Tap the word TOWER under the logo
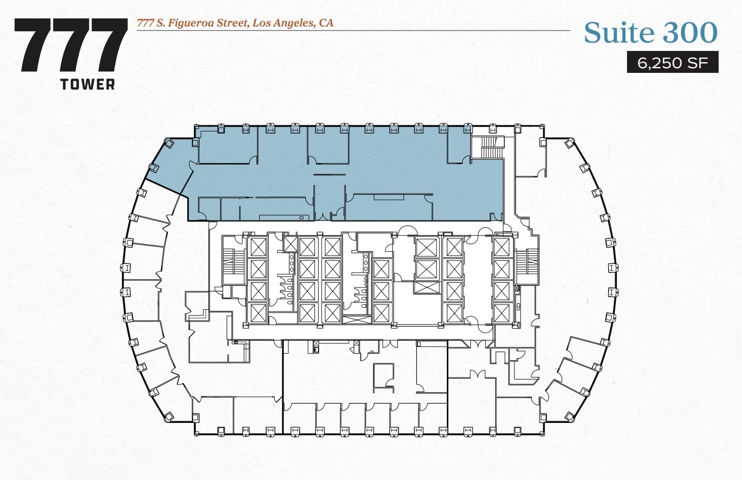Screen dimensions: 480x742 pos(88,85)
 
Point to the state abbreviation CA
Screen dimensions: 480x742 pos(326,23)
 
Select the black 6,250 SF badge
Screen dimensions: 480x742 pos(672,63)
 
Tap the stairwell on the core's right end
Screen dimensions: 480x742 pos(527,265)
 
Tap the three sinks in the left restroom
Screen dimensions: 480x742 pos(292,263)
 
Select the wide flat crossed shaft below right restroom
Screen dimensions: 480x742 pos(357,319)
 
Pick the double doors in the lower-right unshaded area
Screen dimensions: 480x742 pos(476,375)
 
